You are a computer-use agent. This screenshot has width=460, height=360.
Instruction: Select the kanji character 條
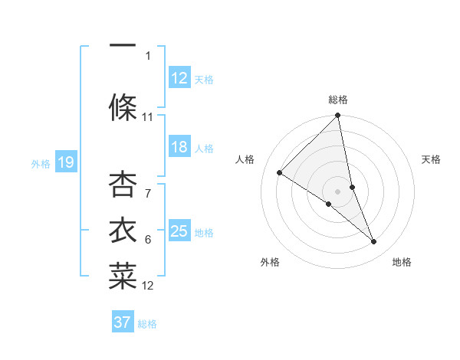coord(123,106)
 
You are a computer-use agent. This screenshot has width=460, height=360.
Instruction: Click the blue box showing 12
coord(179,78)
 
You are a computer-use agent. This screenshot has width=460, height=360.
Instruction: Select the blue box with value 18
coord(179,147)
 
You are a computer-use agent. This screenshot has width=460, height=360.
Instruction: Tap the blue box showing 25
coord(179,231)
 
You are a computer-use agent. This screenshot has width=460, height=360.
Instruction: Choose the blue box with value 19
coord(66,162)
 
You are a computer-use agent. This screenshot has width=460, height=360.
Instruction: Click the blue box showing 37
coord(123,322)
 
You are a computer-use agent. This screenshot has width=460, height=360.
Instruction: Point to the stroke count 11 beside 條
coord(148,117)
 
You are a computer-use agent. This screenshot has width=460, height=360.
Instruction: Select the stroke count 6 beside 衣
coord(148,240)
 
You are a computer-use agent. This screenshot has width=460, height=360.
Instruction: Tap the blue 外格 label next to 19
coord(41,163)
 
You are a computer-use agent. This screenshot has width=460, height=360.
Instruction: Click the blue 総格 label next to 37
coord(147,324)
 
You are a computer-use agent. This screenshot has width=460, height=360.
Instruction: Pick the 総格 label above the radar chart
coord(338,100)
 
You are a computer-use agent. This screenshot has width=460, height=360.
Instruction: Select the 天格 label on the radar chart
coord(431,159)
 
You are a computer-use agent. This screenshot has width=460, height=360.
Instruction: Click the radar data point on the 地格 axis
coord(374,241)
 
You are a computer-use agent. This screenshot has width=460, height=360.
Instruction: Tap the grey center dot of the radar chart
coord(337,191)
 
